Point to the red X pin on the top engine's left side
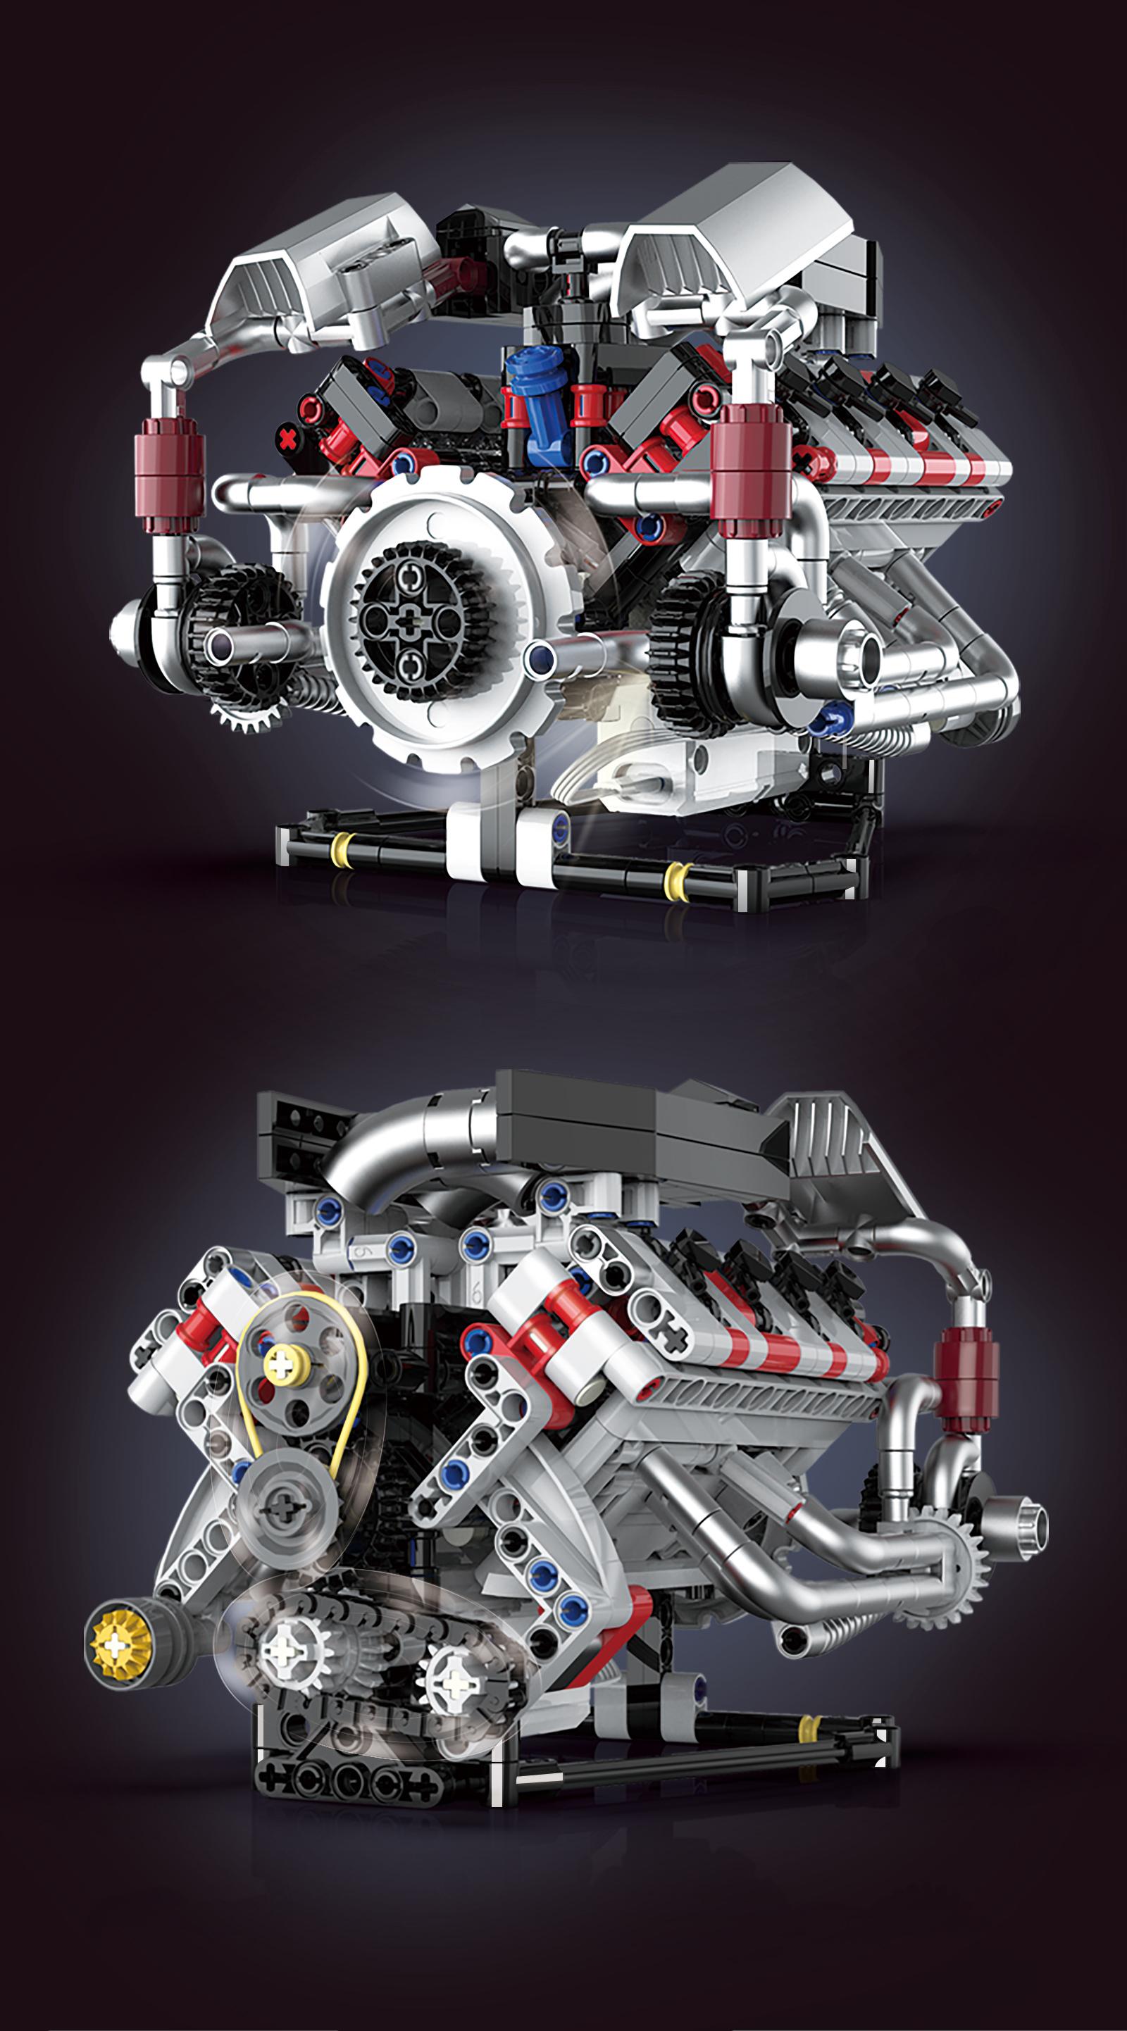coord(289,437)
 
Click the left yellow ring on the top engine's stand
coord(341,850)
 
